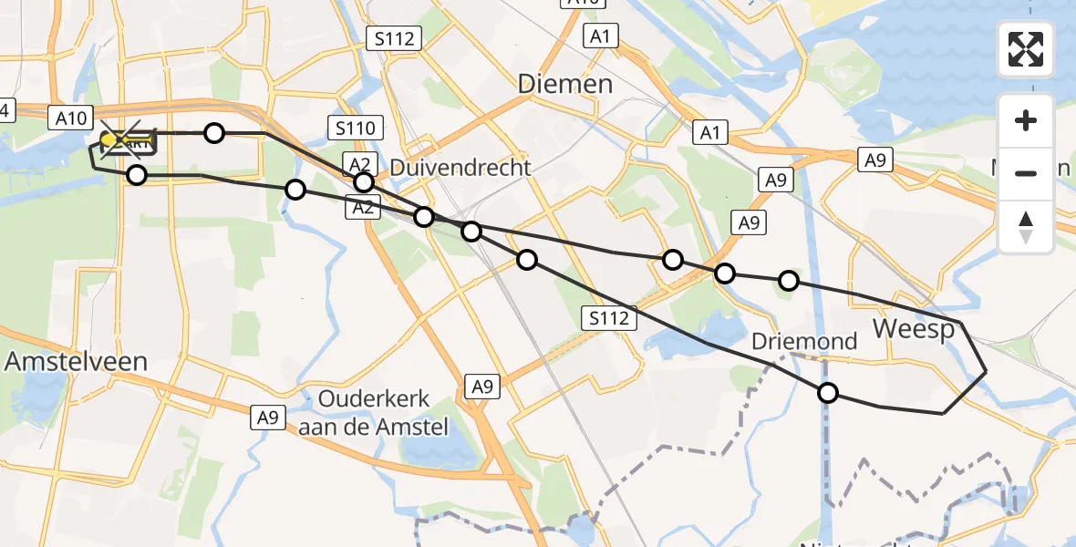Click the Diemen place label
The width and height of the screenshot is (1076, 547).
[565, 85]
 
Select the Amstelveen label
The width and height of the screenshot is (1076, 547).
[76, 361]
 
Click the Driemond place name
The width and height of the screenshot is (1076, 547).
[804, 342]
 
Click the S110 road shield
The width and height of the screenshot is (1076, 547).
[355, 129]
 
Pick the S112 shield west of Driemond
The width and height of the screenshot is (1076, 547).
[608, 318]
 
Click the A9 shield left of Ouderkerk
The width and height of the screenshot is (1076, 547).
[267, 418]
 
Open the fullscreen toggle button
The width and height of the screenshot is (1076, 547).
[1026, 49]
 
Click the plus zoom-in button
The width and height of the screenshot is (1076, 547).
[1026, 120]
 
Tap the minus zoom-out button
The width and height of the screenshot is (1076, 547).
[1026, 173]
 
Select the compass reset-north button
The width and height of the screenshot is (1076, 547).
[1026, 227]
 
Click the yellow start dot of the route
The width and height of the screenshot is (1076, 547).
[108, 139]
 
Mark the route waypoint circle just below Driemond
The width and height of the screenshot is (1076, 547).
[827, 393]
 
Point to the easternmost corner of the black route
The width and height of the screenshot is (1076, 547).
[986, 371]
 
